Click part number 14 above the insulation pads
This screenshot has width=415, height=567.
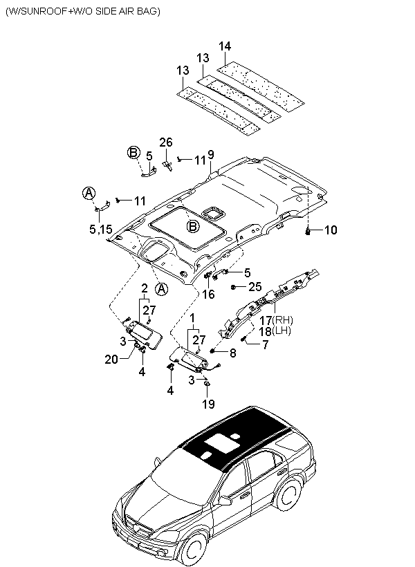click(x=225, y=46)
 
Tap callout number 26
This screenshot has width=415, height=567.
click(x=166, y=142)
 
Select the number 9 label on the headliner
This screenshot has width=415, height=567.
click(x=210, y=154)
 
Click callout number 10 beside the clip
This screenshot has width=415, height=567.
click(x=331, y=230)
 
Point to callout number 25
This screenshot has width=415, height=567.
click(x=255, y=287)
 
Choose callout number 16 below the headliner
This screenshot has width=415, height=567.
click(x=208, y=295)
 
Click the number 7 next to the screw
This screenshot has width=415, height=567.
click(x=265, y=344)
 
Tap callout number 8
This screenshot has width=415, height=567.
click(x=232, y=353)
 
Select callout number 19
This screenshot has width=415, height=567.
click(x=208, y=404)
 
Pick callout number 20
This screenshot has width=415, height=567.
click(x=111, y=359)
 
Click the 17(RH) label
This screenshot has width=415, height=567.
click(x=276, y=320)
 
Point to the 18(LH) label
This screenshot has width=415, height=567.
click(x=275, y=331)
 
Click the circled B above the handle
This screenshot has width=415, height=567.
click(x=133, y=153)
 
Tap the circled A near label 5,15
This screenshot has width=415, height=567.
click(x=89, y=194)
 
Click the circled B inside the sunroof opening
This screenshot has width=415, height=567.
click(x=193, y=227)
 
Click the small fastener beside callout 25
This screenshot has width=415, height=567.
click(x=233, y=287)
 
